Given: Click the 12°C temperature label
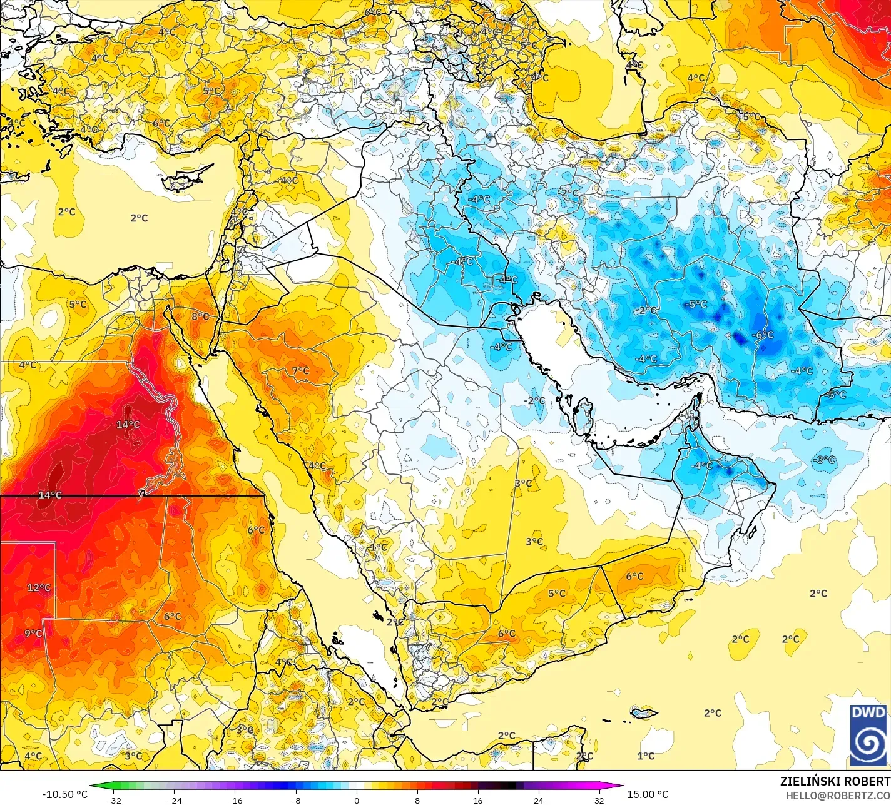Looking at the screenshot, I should pyautogui.click(x=38, y=588).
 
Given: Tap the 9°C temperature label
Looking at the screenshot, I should pyautogui.click(x=33, y=634).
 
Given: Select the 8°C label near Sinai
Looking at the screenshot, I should pyautogui.click(x=200, y=316).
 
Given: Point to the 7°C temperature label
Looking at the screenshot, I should pyautogui.click(x=300, y=371).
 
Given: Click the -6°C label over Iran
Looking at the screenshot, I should pyautogui.click(x=763, y=335).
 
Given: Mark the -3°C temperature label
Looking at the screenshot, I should pyautogui.click(x=824, y=460).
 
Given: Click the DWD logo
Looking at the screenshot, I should pyautogui.click(x=868, y=735).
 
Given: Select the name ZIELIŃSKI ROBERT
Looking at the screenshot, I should pyautogui.click(x=835, y=781).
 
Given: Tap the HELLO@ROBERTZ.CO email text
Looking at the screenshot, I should pyautogui.click(x=838, y=795).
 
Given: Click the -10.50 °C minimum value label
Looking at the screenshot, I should pyautogui.click(x=64, y=794).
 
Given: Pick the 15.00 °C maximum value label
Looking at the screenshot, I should pyautogui.click(x=648, y=794).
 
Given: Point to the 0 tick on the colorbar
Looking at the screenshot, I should pyautogui.click(x=357, y=800).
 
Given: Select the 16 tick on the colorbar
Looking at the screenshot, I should pyautogui.click(x=477, y=800).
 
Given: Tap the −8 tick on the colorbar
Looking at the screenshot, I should pyautogui.click(x=296, y=800).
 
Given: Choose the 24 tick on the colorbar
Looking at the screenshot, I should pyautogui.click(x=538, y=800).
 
